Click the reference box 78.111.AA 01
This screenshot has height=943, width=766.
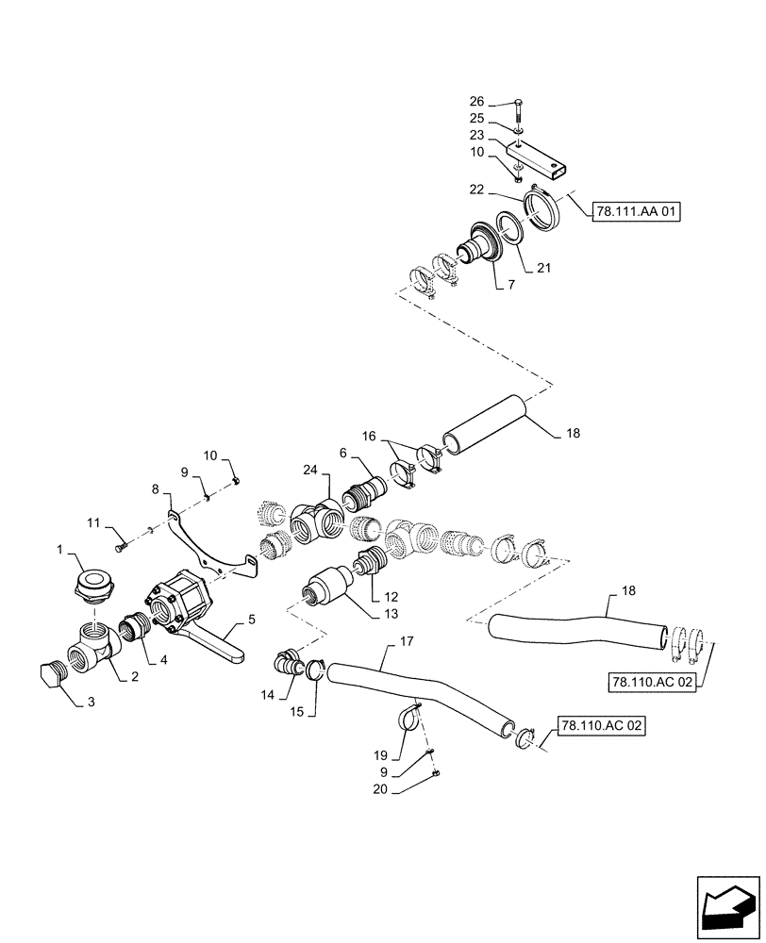[637, 211]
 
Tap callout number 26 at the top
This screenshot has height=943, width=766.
[476, 102]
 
